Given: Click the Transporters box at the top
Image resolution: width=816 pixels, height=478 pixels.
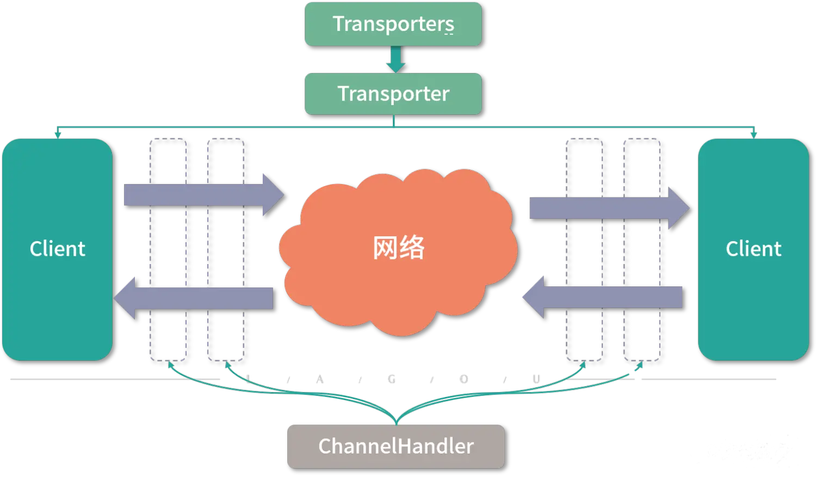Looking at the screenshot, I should [393, 24].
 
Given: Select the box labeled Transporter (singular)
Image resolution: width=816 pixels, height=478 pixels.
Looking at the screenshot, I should [393, 94].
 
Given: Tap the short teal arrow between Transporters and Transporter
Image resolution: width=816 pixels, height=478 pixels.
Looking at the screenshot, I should [395, 59].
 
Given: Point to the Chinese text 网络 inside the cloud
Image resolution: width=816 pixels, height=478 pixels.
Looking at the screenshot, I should [399, 248].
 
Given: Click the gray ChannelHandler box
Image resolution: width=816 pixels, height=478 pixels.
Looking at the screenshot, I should [395, 446].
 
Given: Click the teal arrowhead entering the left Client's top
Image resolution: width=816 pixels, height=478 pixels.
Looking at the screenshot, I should [57, 134].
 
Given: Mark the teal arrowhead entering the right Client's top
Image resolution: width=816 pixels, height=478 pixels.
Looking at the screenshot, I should [753, 134].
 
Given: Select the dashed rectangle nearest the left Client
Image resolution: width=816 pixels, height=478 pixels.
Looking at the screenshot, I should [168, 249].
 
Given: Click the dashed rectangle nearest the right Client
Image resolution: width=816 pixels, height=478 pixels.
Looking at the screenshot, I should [642, 249].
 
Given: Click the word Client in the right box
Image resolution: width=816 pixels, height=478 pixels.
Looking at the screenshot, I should [753, 249].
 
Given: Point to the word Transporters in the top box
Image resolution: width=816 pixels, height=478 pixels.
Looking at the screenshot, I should [393, 24].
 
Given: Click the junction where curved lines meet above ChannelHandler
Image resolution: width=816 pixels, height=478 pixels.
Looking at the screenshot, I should [396, 419].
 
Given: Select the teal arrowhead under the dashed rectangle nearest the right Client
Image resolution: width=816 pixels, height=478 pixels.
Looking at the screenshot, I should [640, 365].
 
